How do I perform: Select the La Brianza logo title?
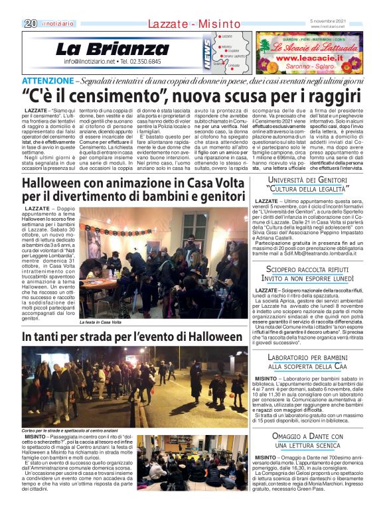point(113,49)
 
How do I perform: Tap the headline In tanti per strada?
point(70,338)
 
